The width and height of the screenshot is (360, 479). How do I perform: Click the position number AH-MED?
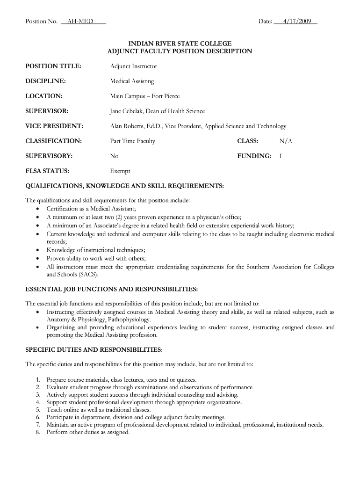[x=80, y=22]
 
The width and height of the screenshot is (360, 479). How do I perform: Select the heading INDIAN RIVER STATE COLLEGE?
[x=180, y=44]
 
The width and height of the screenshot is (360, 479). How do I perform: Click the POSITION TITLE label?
[x=53, y=66]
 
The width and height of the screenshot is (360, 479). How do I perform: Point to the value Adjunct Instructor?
[x=134, y=66]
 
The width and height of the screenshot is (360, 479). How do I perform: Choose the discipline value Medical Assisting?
[x=132, y=81]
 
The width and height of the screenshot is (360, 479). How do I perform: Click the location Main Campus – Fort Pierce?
[x=144, y=96]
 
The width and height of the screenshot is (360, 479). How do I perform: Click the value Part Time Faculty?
[x=132, y=141]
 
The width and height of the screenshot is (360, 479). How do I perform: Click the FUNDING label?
[x=254, y=156]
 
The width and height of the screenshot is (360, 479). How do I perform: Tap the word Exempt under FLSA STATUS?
[x=120, y=171]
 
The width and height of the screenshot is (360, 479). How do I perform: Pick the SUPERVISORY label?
[x=49, y=156]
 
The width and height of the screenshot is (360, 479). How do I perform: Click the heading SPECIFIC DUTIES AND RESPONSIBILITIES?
[x=94, y=349]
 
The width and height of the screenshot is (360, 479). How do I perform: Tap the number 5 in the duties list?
[x=37, y=410]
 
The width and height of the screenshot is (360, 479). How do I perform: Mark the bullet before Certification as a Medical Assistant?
[x=37, y=209]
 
